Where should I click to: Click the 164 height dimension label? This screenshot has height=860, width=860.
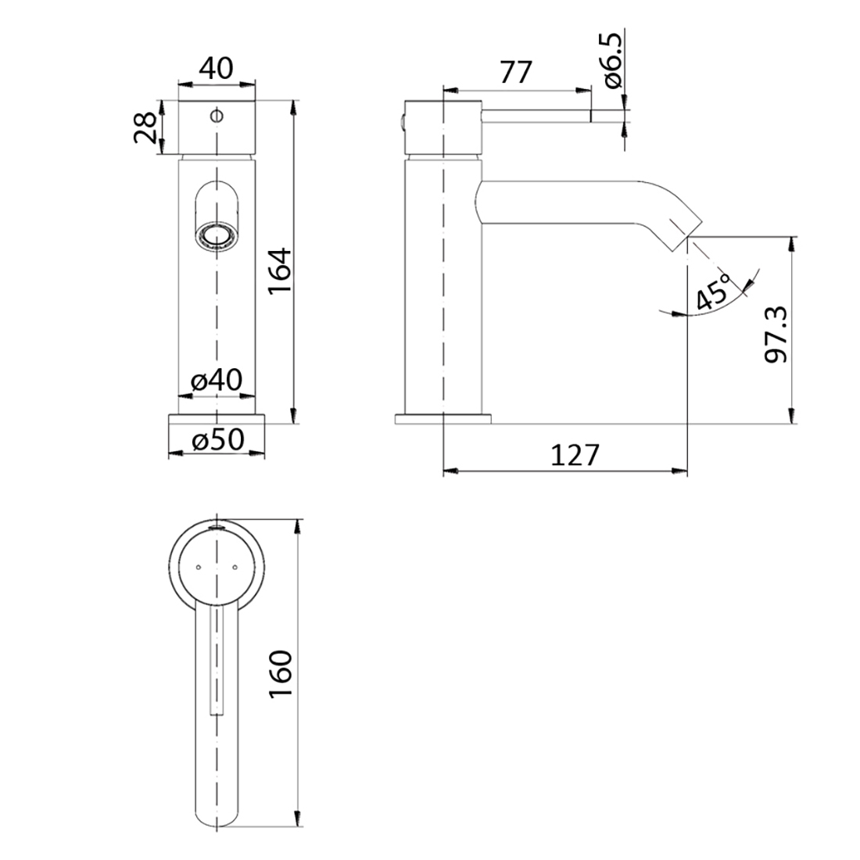[x=279, y=271]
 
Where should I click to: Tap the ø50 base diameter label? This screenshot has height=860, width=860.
[x=217, y=441]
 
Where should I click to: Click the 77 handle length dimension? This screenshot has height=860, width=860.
[x=515, y=73]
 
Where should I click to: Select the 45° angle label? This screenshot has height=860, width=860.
[x=712, y=293]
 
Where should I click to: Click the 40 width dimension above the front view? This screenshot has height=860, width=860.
[x=216, y=68]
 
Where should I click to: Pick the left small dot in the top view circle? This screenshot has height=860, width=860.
[x=199, y=565]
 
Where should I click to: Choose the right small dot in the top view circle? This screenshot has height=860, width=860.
[x=235, y=565]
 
